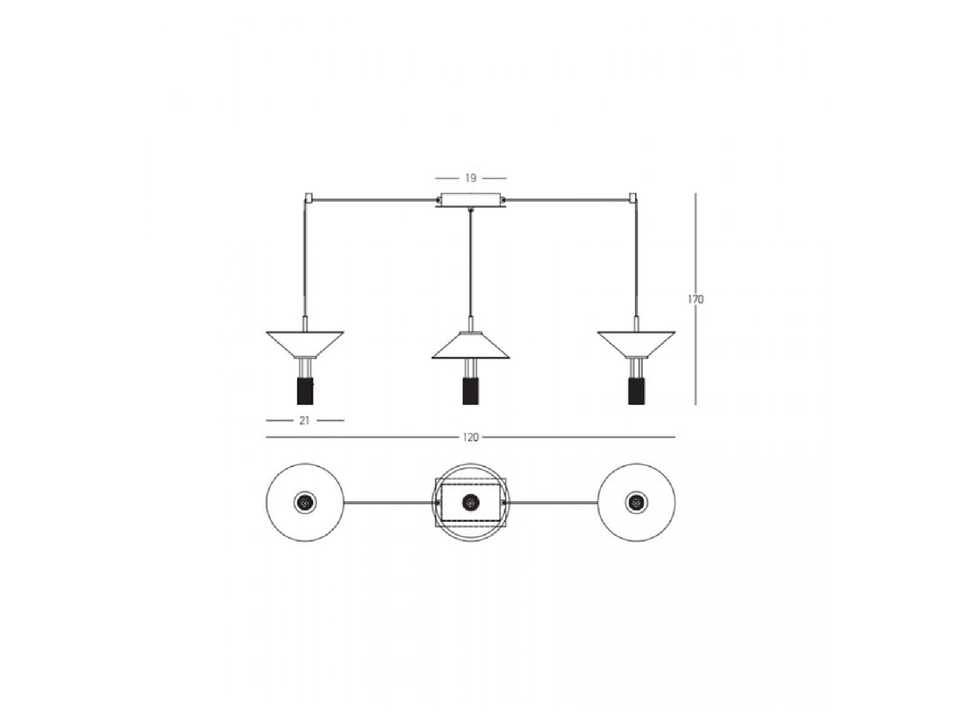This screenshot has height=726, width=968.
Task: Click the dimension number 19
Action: [x=471, y=178]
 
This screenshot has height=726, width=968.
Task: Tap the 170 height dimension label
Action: [x=696, y=299]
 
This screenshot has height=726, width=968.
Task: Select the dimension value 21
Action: [x=304, y=420]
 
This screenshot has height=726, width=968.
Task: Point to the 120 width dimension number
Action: [x=471, y=437]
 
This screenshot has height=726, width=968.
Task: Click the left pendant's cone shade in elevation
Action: [x=305, y=344]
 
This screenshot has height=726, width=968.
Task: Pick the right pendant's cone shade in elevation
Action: [x=636, y=344]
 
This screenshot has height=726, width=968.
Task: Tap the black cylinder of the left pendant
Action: [x=305, y=391]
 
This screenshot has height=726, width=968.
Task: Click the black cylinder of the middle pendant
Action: [x=471, y=391]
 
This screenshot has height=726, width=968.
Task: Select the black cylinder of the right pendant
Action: [x=636, y=391]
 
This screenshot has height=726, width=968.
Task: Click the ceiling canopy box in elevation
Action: [x=471, y=200]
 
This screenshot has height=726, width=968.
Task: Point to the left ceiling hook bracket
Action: [x=309, y=198]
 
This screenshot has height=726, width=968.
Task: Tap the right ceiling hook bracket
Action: [x=633, y=198]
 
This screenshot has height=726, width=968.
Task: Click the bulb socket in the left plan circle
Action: [x=305, y=502]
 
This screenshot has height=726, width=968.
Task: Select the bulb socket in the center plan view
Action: [x=471, y=502]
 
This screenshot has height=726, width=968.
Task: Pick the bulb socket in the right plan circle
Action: [x=636, y=502]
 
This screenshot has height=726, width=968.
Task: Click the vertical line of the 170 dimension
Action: [x=696, y=299]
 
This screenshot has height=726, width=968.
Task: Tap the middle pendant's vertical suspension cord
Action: [x=471, y=264]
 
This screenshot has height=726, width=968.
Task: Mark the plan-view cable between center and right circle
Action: [x=551, y=502]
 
